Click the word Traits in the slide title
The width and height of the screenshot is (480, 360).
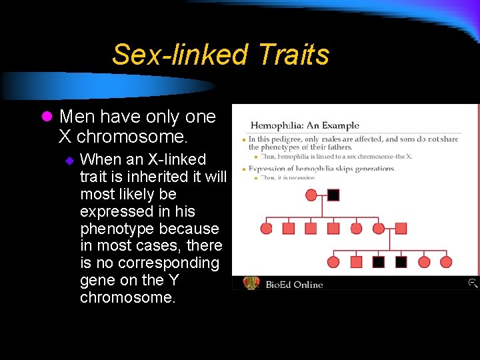tap(293, 55)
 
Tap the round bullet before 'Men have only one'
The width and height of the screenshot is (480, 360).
tap(46, 117)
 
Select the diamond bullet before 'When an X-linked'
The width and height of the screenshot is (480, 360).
tap(68, 161)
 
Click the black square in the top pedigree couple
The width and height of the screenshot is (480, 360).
tap(333, 195)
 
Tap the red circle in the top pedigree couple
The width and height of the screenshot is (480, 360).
tap(311, 195)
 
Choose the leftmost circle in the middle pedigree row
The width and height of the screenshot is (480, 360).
tap(266, 229)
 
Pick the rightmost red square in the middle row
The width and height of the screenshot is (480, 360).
tap(401, 229)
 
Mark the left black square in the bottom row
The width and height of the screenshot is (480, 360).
tap(378, 262)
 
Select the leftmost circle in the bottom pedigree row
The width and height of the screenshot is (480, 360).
tap(333, 262)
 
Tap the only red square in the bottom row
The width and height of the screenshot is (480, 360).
tap(356, 262)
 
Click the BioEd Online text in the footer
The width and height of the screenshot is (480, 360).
tap(294, 285)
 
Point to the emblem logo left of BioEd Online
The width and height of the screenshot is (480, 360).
tap(251, 283)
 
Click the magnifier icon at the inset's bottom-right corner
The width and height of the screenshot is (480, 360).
tap(472, 283)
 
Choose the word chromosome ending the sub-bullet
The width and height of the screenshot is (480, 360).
tap(127, 298)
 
